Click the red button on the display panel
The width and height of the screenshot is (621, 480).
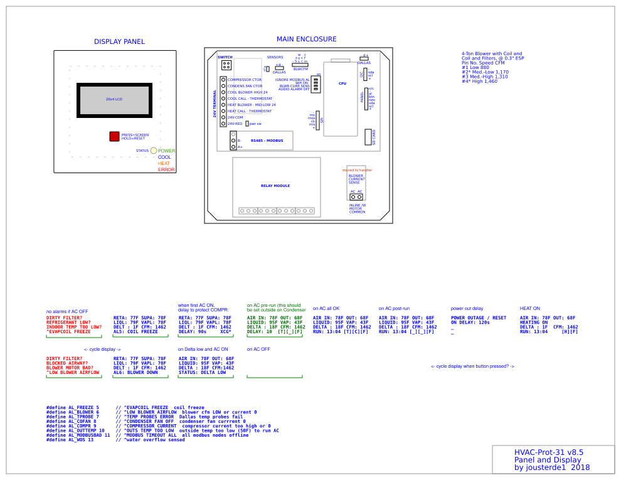point(114,136)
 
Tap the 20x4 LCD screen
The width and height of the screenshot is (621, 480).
point(114,99)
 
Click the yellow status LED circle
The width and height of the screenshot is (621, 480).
point(154,151)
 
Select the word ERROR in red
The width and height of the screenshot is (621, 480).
point(166,170)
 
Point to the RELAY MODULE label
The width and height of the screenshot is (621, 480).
point(275,186)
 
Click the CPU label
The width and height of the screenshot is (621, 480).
point(342,83)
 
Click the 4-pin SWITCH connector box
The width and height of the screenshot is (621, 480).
point(226,65)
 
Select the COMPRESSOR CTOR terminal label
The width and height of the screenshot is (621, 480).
point(245,80)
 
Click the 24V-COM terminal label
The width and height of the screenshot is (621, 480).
point(235,117)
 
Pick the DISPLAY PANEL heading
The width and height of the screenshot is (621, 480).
point(119,42)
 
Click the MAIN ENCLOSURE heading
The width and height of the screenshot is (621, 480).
point(306,39)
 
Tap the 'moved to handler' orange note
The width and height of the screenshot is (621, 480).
point(357,170)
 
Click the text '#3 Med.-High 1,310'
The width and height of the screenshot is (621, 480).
point(485,77)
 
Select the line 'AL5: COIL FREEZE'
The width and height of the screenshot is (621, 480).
point(135,331)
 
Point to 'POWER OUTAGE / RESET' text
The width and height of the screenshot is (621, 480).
point(479,318)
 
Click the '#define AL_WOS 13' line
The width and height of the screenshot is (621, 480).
point(70,440)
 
